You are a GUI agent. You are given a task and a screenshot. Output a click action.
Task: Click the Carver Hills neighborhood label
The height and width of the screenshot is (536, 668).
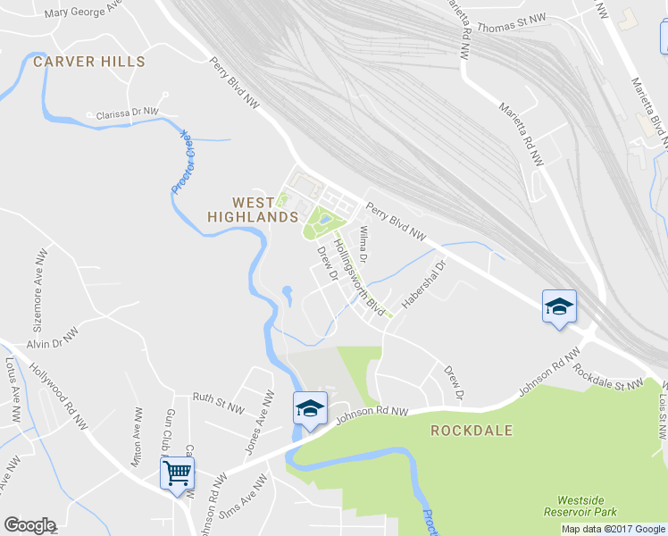[88, 62]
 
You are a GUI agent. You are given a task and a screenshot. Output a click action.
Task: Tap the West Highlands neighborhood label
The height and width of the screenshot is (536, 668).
[252, 210]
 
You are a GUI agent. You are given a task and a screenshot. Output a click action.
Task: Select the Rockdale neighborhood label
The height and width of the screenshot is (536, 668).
[472, 431]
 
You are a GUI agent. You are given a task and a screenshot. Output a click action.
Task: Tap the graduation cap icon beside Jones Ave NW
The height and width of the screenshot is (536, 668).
[310, 409]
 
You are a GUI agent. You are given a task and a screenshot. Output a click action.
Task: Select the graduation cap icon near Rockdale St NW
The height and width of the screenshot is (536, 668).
[559, 307]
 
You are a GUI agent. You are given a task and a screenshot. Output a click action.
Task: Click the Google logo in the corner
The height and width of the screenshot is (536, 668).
[29, 525]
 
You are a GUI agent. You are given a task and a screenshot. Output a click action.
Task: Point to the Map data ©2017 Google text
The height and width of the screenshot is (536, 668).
[613, 528]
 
